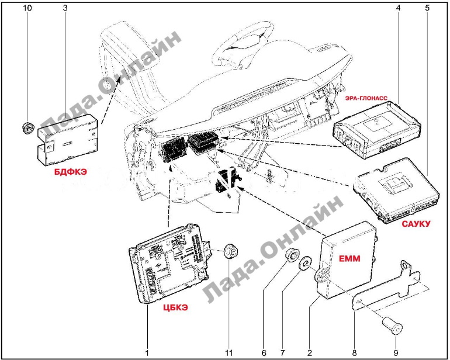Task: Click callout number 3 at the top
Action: (64, 8)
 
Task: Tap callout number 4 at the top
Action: (398, 8)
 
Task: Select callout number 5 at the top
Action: (427, 8)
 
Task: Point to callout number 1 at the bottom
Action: (147, 352)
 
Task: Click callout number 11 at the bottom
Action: (229, 352)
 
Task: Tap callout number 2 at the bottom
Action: (309, 352)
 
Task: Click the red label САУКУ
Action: (416, 224)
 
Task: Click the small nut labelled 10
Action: (26, 126)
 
